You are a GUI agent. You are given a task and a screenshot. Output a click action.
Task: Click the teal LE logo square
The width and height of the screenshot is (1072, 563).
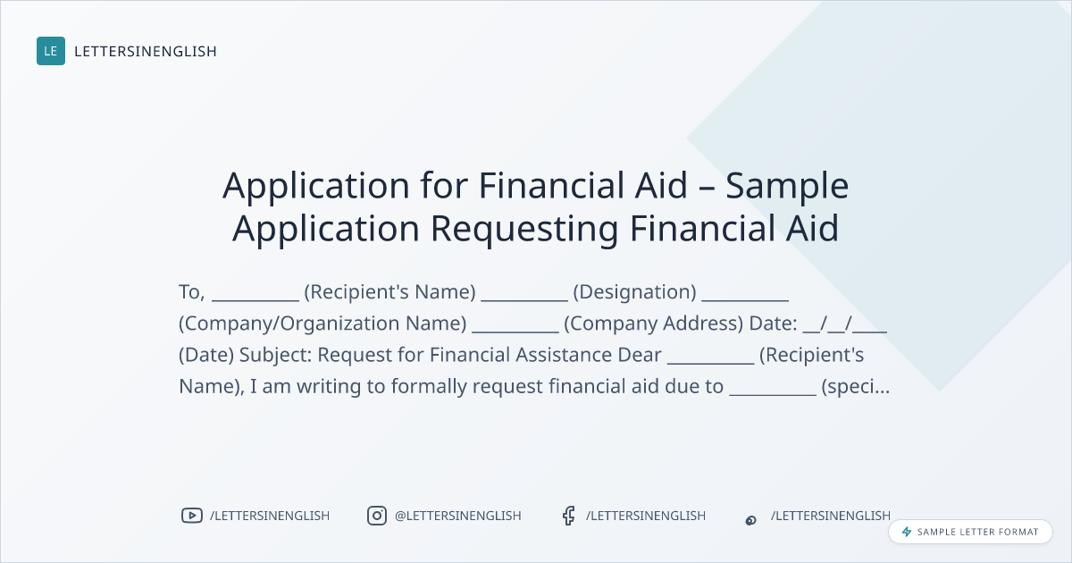tap(51, 51)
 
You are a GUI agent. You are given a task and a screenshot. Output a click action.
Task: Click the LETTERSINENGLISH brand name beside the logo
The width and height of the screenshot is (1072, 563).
tap(146, 51)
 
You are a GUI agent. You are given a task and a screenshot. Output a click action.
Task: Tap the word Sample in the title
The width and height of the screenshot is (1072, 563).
tap(787, 186)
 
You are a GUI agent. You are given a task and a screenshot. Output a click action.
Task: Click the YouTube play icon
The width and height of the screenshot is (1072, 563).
tap(192, 516)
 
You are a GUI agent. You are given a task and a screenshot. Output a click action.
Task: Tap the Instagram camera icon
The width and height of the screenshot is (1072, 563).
tap(377, 516)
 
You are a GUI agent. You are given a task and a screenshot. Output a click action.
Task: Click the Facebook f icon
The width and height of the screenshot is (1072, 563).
tap(568, 516)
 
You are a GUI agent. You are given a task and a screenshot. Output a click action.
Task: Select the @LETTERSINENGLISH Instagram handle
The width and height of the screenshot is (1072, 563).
tap(458, 516)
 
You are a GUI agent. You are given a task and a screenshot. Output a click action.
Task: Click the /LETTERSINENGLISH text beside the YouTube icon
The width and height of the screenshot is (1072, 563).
tap(270, 516)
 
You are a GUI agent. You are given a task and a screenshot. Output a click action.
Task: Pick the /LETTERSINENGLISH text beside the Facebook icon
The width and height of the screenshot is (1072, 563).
tap(646, 516)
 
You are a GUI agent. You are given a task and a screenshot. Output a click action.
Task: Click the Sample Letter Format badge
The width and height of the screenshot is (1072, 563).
tap(970, 532)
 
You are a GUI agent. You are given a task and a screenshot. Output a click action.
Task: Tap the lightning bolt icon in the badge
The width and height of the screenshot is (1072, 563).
tap(907, 532)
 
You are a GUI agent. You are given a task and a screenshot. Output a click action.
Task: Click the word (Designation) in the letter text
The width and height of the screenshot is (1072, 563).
tap(634, 292)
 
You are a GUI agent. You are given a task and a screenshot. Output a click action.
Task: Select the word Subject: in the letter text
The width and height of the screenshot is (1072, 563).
tap(276, 356)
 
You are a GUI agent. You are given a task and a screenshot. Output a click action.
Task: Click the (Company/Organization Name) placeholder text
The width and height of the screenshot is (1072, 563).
tap(322, 324)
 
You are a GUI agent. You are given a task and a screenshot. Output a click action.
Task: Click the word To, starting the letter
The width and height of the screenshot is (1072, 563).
tap(192, 292)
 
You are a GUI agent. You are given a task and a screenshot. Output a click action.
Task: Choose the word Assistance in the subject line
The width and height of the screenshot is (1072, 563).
tap(564, 356)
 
